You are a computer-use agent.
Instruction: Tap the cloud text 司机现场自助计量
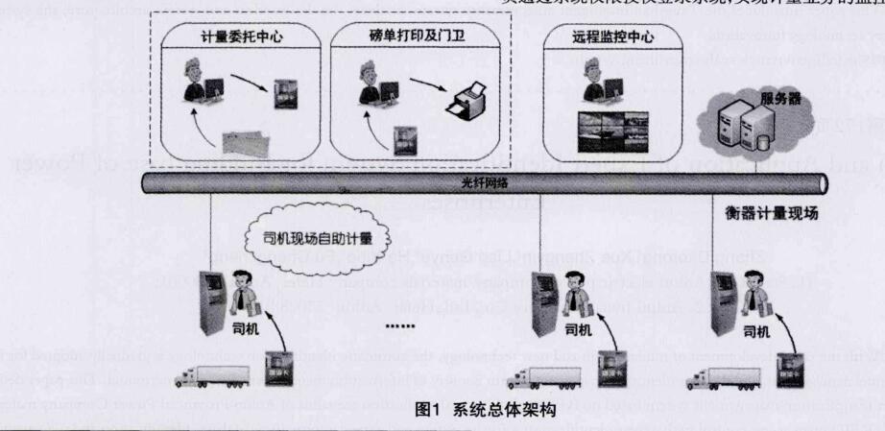click(x=317, y=236)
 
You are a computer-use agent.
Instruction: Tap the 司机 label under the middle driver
click(x=579, y=330)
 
